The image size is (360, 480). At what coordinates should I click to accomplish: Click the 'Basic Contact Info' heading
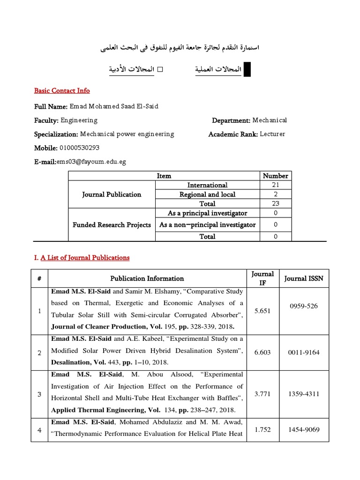tap(62, 90)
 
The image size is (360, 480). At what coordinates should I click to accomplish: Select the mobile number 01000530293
tap(79, 148)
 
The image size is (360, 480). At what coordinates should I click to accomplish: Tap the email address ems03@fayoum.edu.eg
tap(91, 162)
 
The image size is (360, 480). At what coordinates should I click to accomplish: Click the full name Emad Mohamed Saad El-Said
tap(114, 106)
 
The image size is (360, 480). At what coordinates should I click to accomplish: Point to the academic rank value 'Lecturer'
tap(272, 134)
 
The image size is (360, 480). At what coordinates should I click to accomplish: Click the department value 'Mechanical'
tap(270, 120)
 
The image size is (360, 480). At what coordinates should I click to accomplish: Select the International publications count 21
tap(275, 185)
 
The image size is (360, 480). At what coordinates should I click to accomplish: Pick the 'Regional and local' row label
tap(207, 195)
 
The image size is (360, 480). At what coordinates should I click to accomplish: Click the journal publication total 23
tap(275, 204)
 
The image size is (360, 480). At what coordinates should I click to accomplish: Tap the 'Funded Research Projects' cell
tap(112, 225)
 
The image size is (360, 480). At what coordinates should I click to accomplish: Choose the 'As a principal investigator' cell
tap(207, 213)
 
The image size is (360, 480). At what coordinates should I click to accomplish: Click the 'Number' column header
tap(275, 176)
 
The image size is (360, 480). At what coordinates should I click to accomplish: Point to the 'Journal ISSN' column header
tap(303, 278)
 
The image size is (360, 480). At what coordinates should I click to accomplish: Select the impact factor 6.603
tap(262, 352)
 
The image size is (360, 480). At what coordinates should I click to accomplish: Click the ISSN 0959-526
tap(303, 306)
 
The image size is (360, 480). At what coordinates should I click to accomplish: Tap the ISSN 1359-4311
tap(303, 394)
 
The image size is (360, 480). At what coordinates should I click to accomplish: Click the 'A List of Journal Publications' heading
tap(85, 257)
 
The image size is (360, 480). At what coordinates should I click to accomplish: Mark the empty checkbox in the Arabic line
tap(159, 69)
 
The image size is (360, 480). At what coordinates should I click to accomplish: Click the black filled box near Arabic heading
tap(247, 69)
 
